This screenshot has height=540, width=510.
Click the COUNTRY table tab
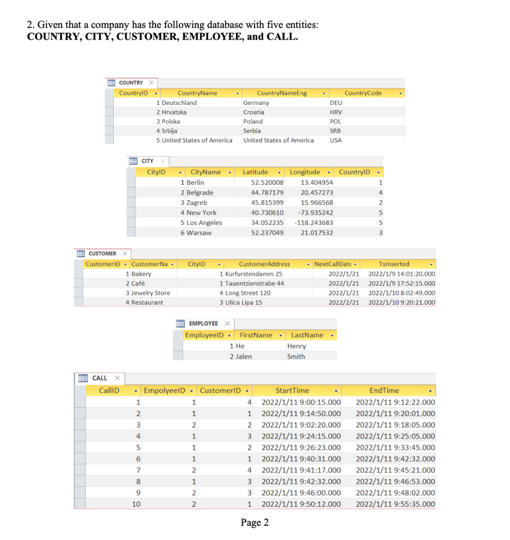(x=131, y=83)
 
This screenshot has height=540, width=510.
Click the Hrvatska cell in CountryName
(x=174, y=112)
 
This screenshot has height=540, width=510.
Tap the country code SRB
(x=335, y=131)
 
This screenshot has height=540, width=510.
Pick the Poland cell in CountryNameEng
(x=253, y=121)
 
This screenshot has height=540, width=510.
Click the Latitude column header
(x=255, y=172)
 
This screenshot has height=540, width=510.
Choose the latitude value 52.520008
(x=267, y=182)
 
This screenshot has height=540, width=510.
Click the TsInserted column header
(x=394, y=264)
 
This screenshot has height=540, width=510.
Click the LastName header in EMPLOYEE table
(x=307, y=335)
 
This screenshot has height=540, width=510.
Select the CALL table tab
(x=99, y=378)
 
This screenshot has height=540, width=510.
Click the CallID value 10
(x=136, y=504)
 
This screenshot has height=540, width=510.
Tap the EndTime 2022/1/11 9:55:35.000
(x=396, y=504)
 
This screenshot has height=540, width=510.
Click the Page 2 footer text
(x=254, y=523)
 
